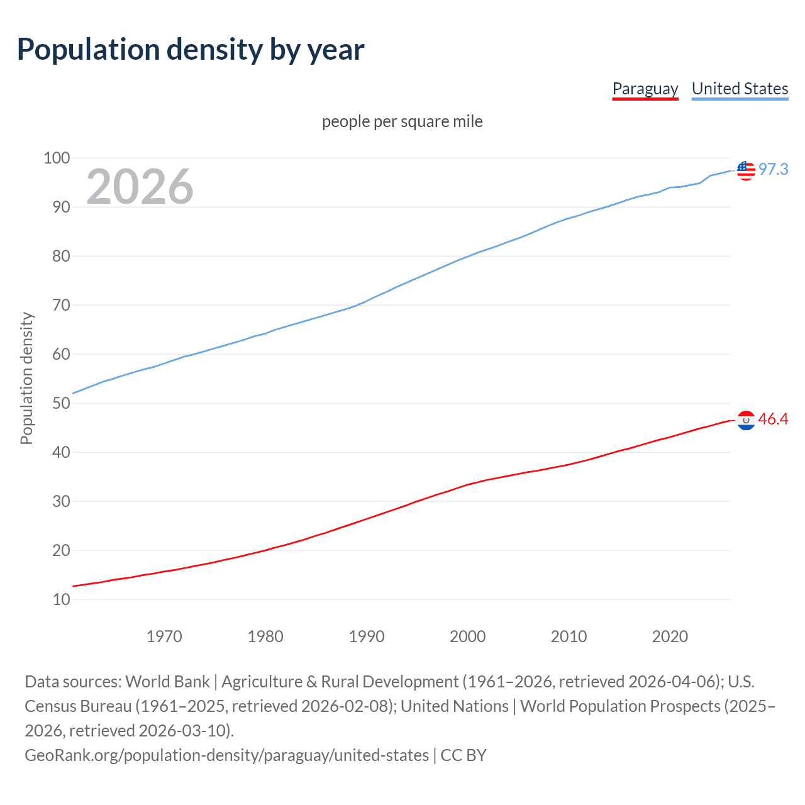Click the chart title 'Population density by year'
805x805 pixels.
(191, 50)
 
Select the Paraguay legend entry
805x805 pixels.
(645, 89)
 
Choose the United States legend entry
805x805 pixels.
(740, 89)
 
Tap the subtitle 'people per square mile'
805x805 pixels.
(402, 121)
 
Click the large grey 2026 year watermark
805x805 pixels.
(140, 186)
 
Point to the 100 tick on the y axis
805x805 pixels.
(57, 158)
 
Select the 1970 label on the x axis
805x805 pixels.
(164, 636)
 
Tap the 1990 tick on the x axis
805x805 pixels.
(367, 636)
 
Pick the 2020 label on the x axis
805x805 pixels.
(670, 636)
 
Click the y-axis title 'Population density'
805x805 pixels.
(26, 379)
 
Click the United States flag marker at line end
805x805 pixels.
(746, 170)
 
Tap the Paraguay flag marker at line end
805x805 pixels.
(746, 420)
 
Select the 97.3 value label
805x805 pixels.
(773, 169)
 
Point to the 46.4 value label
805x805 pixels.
(773, 419)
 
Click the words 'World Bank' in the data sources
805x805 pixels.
(167, 682)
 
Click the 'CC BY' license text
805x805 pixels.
(464, 755)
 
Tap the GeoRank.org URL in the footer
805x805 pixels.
(226, 755)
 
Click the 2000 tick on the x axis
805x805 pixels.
(467, 636)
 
